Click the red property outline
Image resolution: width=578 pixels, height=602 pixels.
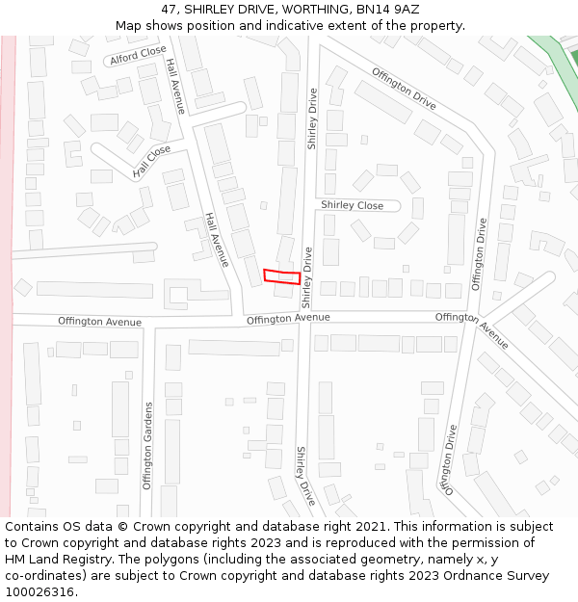282,276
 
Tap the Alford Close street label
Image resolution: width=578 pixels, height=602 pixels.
138,56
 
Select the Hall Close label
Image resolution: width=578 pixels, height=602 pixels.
151,163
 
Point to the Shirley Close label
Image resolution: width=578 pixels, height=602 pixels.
352,205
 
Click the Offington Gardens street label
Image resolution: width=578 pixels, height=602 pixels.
148,446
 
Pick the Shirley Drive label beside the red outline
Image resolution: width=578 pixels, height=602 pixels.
307,277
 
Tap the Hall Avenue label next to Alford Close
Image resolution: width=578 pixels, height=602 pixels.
175,86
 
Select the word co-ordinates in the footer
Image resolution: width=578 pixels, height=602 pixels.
43,576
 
